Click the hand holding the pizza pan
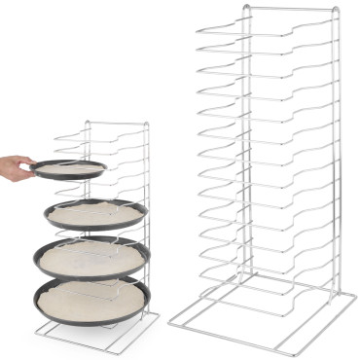tap(12, 167)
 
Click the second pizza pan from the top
tap(94, 215)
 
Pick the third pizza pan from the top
tap(91, 258)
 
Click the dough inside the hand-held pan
tap(70, 167)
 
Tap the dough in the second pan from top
tap(94, 211)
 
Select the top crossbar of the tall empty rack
tap(289, 9)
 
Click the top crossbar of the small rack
tap(116, 123)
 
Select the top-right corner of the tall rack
tap(336, 10)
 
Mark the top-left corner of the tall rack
tap(245, 9)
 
